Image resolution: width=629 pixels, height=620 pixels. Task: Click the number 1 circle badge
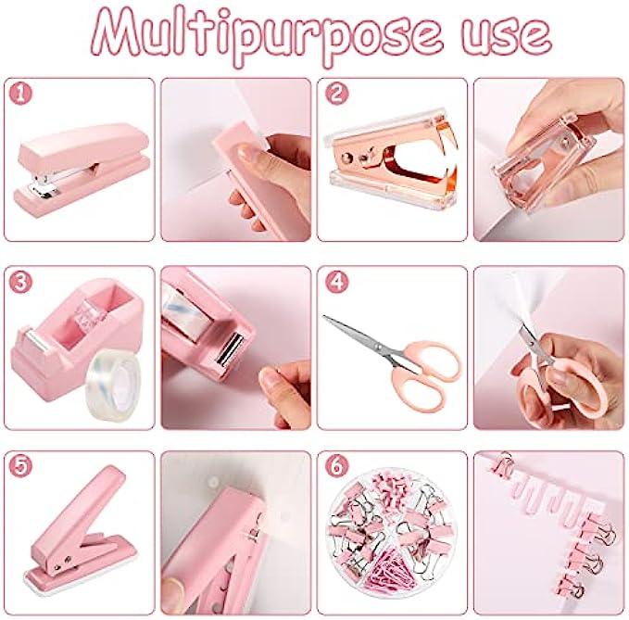coord(20,94)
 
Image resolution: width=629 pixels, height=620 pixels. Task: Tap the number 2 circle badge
coord(336,94)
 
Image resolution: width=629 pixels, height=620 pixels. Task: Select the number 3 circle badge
coord(20,282)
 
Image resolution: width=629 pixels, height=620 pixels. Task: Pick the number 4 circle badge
coord(336,282)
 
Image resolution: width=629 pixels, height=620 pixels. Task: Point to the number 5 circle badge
coord(20,466)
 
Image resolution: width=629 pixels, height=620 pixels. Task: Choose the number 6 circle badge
coord(336,466)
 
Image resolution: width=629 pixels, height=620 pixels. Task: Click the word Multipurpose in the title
coord(267,35)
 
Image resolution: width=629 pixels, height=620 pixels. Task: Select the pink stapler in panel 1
coord(82,170)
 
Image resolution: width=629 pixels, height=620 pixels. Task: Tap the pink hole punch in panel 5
coord(76,530)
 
